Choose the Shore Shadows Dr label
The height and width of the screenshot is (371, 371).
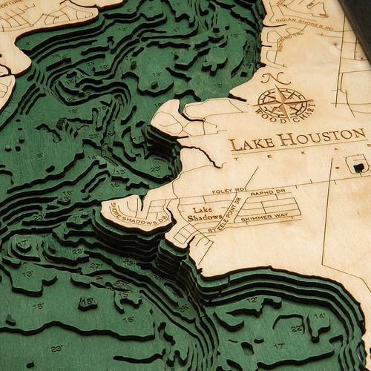[x=139, y=215]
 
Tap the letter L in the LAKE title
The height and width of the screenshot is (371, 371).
[x=233, y=145]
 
